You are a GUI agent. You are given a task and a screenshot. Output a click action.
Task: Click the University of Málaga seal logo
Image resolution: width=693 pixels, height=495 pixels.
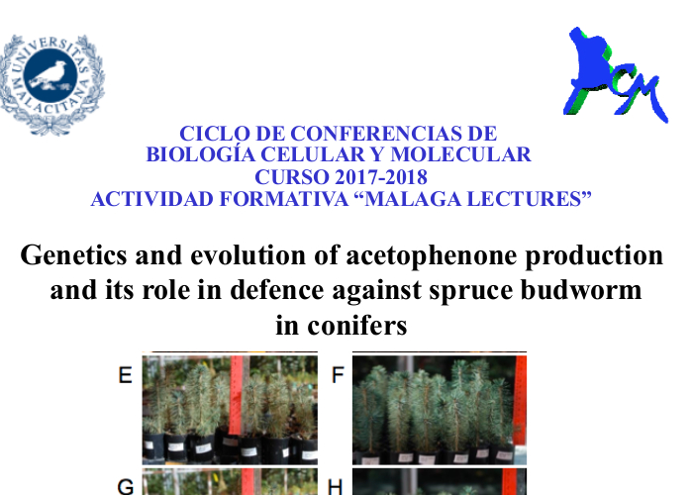click(51, 84)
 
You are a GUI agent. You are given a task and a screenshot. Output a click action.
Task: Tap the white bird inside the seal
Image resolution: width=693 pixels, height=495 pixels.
click(49, 75)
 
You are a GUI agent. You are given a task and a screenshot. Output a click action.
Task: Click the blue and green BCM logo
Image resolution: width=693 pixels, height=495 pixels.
click(616, 74)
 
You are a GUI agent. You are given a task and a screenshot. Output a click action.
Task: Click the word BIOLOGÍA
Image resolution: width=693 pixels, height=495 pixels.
click(201, 154)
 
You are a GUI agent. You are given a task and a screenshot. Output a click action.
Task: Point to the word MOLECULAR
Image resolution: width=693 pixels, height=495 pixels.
click(460, 154)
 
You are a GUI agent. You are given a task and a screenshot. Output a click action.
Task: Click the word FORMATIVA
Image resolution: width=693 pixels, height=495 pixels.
click(284, 199)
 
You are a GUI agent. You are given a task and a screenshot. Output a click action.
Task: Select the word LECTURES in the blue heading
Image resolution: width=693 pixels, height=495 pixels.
click(530, 199)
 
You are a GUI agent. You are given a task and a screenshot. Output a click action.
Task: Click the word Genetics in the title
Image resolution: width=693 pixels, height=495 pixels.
click(73, 255)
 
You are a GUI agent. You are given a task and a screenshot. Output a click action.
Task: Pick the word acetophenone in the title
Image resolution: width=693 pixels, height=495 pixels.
click(432, 256)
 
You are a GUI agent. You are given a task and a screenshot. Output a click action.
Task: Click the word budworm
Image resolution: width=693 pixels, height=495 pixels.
click(581, 290)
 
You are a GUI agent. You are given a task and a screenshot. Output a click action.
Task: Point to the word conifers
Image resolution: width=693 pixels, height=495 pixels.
click(357, 326)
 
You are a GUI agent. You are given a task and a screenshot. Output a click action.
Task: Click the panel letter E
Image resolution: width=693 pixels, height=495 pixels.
click(126, 375)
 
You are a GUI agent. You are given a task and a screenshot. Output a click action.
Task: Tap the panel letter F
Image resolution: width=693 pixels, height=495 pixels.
click(338, 375)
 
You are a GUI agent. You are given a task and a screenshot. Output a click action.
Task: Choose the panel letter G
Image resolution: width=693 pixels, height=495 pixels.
click(126, 487)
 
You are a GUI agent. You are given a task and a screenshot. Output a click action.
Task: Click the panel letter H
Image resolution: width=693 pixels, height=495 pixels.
click(336, 487)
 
